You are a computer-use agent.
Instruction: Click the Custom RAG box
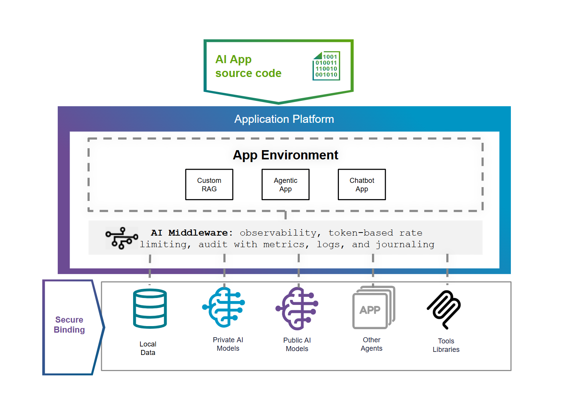click(209, 184)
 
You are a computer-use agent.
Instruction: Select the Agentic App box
click(285, 184)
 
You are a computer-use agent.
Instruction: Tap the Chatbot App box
click(362, 184)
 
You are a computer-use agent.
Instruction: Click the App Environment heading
click(285, 155)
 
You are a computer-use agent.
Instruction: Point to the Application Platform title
click(284, 119)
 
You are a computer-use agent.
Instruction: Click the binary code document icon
click(326, 66)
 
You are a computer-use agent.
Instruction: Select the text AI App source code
click(248, 66)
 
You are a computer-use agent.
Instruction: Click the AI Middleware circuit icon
click(122, 238)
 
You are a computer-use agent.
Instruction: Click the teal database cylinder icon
click(150, 308)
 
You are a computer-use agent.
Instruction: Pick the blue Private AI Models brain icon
click(224, 307)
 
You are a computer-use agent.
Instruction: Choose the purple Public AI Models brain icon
click(297, 308)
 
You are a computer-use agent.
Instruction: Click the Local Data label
click(148, 348)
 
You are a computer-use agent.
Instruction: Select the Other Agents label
click(372, 344)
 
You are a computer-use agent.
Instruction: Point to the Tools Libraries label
click(446, 345)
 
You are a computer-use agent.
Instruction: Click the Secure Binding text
click(69, 325)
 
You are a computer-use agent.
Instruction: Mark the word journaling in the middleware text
click(405, 244)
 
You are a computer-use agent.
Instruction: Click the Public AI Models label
click(297, 345)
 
